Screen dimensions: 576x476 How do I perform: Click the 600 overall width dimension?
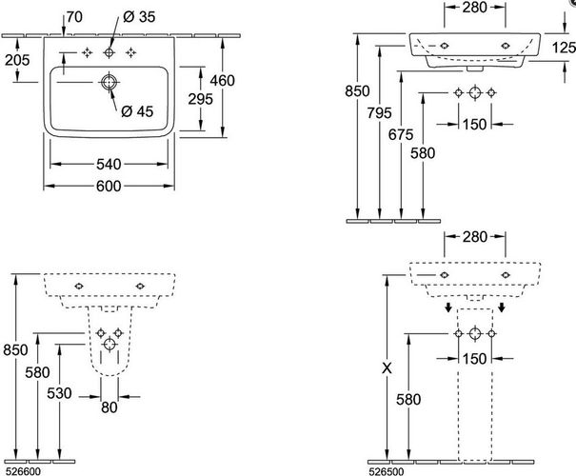point(109,187)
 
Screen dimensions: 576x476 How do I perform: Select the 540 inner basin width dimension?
point(109,164)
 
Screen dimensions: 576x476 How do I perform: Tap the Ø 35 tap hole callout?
point(139,17)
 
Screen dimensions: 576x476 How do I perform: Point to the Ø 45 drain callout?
point(137,111)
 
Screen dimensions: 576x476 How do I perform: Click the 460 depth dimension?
point(223,80)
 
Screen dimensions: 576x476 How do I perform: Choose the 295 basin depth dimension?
point(201,99)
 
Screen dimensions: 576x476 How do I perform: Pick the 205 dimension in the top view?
point(17,60)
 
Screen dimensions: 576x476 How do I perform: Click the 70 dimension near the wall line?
point(74,17)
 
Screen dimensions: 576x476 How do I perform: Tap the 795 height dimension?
point(380,113)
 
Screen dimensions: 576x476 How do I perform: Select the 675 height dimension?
point(401,135)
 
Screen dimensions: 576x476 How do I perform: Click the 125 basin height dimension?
point(565,48)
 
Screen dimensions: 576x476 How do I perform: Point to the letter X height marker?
point(387,367)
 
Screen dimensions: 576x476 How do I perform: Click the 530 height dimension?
point(59,393)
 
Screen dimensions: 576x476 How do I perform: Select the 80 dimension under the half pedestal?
point(109,407)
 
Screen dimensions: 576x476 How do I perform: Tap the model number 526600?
point(21,471)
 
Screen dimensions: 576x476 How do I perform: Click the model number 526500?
point(386,471)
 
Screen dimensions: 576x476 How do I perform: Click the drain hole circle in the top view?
point(109,82)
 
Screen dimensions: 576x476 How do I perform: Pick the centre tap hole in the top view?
point(109,53)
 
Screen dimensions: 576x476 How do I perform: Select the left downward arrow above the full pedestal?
point(447,307)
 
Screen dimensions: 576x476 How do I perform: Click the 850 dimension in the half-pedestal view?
point(15,350)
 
